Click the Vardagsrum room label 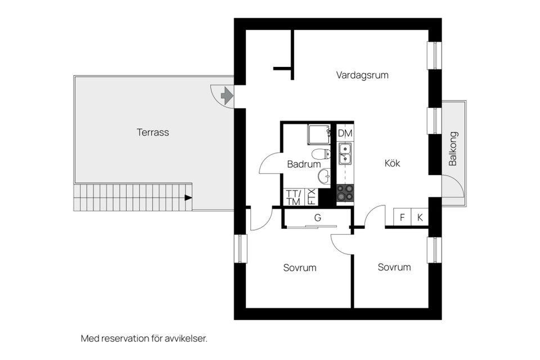[x=362, y=75]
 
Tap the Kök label [x=392, y=163]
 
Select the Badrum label [x=303, y=165]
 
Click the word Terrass [x=152, y=133]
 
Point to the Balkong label [x=453, y=149]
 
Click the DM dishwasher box [x=345, y=133]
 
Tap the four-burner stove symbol [x=345, y=193]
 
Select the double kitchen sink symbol [x=345, y=154]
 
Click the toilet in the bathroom [x=319, y=154]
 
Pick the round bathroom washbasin [x=325, y=177]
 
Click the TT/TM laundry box [x=293, y=197]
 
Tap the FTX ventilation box [x=312, y=197]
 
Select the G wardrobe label [x=317, y=217]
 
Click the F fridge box [x=402, y=218]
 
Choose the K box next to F [x=420, y=218]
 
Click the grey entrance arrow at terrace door [x=227, y=96]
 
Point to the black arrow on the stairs [x=188, y=197]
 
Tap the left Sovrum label [x=299, y=268]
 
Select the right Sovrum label [x=394, y=267]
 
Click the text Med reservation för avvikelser [x=144, y=339]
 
